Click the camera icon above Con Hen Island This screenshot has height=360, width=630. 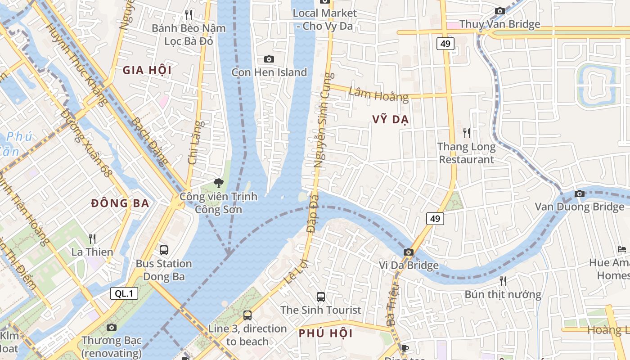click(269, 59)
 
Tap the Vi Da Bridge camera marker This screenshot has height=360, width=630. click(408, 252)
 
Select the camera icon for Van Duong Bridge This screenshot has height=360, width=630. click(580, 193)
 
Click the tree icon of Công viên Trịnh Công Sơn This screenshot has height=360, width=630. click(218, 183)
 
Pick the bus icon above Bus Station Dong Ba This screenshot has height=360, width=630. click(164, 250)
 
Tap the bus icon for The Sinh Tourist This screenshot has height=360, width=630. click(321, 297)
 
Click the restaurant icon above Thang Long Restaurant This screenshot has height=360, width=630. click(467, 133)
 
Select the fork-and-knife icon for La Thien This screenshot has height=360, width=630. click(92, 238)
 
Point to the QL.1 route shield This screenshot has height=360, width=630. click(124, 294)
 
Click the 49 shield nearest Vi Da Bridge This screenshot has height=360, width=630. click(435, 219)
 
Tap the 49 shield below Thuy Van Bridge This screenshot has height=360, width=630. click(445, 44)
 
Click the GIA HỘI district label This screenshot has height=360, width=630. click(147, 70)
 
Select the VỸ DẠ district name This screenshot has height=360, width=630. click(390, 119)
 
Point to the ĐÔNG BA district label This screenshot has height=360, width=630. click(120, 203)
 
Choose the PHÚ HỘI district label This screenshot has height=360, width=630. click(326, 333)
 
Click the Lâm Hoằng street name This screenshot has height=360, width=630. click(378, 94)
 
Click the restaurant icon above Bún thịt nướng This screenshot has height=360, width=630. click(503, 281)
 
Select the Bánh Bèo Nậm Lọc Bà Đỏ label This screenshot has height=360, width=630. click(189, 34)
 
